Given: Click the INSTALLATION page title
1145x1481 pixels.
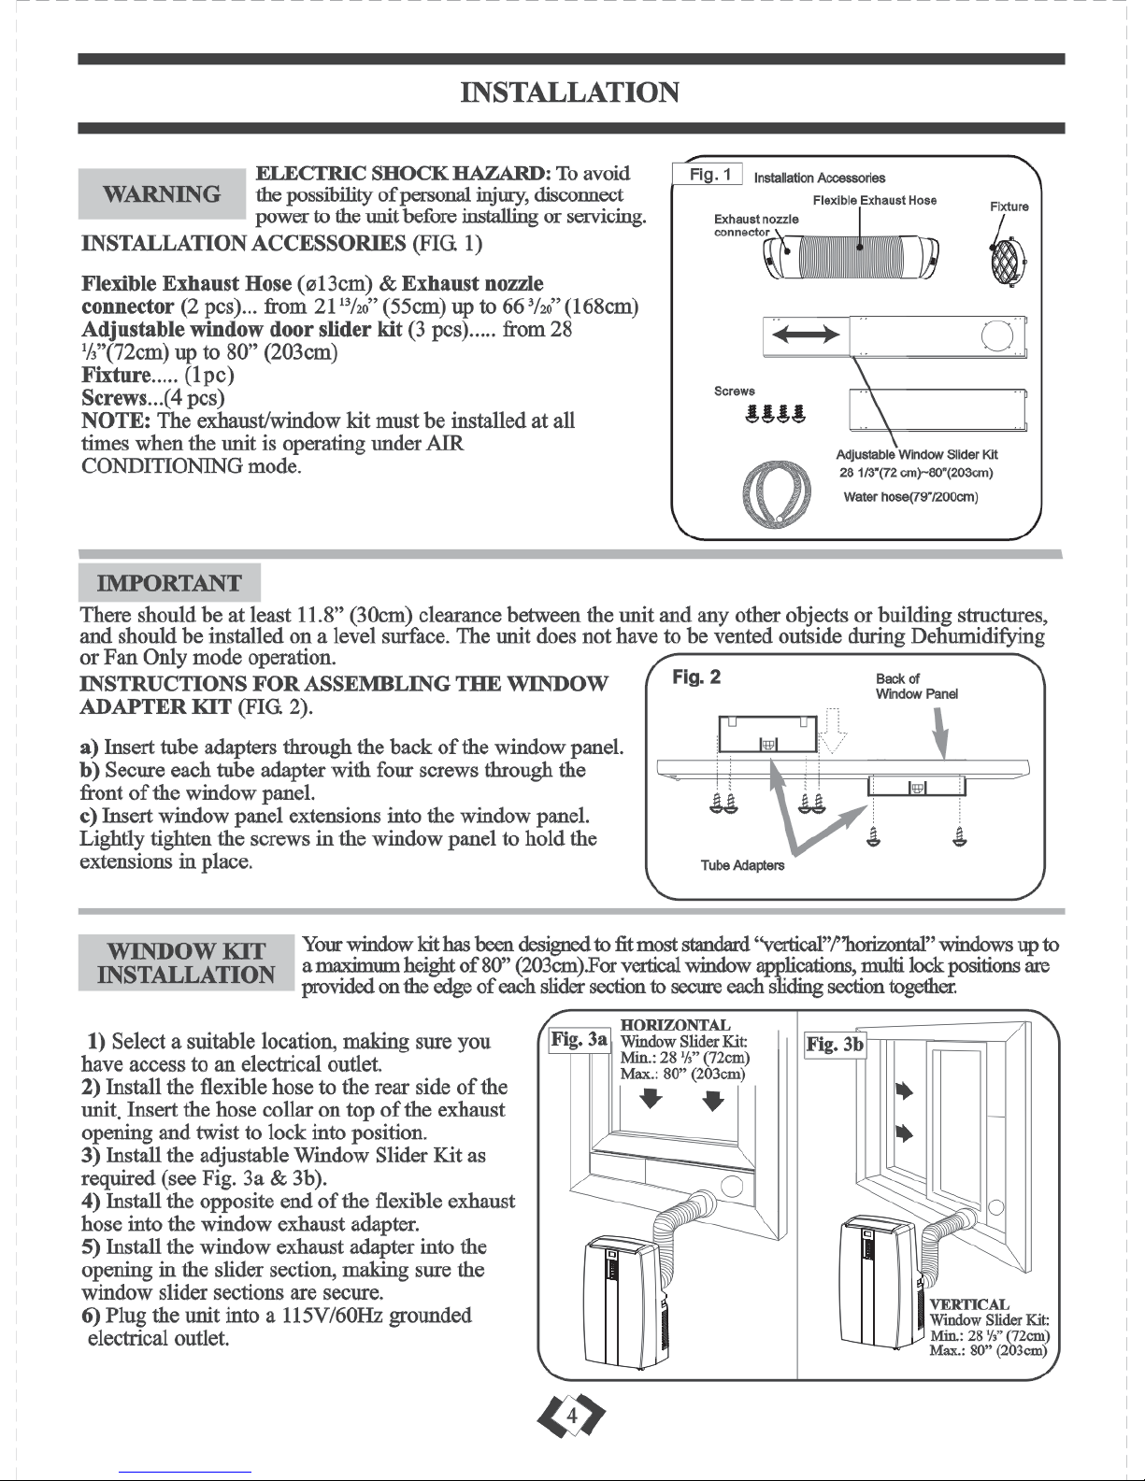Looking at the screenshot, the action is click(x=570, y=93).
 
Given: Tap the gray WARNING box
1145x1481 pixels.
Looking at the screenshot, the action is click(x=162, y=193).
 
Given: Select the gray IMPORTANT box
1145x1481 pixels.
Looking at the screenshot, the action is click(x=169, y=583).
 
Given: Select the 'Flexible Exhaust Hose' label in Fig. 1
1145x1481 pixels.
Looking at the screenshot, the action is click(x=875, y=200).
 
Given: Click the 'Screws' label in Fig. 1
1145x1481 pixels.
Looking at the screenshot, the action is click(x=734, y=392).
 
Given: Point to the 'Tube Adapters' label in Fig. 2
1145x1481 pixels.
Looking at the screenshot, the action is click(x=742, y=865).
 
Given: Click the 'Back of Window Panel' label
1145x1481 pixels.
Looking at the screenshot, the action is click(x=917, y=687).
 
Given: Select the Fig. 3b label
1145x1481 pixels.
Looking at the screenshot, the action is click(x=835, y=1044).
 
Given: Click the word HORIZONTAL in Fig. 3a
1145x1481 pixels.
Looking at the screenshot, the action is click(x=675, y=1025).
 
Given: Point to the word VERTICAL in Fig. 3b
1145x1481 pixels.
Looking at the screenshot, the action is click(x=969, y=1304).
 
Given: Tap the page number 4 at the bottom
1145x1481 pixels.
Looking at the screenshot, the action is click(x=572, y=1417).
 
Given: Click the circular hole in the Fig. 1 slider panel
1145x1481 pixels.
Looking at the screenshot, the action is click(x=997, y=335).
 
